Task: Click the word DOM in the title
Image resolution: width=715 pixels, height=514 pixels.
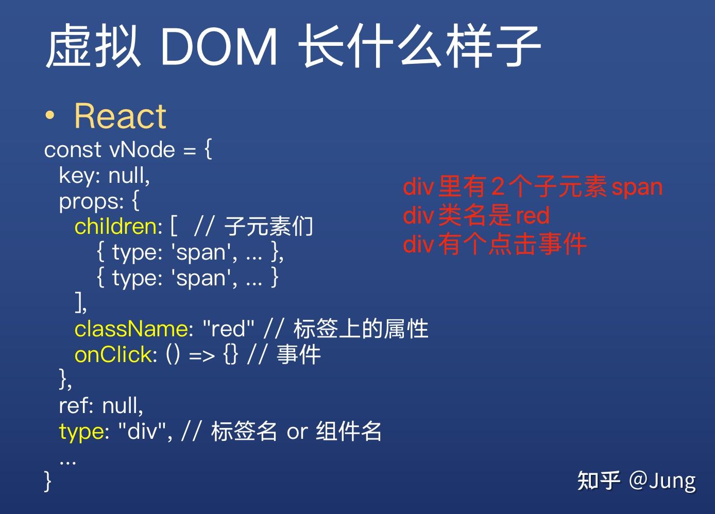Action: pos(219,47)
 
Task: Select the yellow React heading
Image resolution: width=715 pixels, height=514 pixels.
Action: pos(120,116)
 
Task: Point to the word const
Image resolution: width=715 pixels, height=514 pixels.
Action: pos(73,150)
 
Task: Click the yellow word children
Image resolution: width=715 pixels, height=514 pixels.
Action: pos(118,227)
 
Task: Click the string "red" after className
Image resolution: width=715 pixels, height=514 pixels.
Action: pos(229,329)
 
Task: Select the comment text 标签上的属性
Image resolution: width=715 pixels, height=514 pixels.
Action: pos(361,329)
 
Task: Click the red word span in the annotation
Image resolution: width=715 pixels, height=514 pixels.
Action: pos(637,187)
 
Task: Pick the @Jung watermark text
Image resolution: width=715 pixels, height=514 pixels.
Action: pos(662,481)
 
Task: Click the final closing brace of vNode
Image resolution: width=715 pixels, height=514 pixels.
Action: pos(48,481)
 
